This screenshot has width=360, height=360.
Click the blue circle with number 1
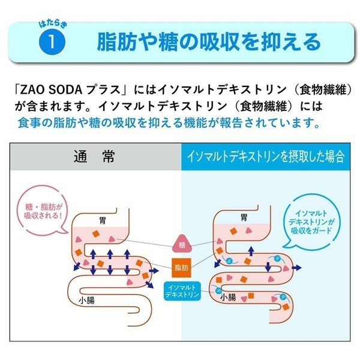coord(52,41)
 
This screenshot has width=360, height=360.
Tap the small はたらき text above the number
coord(53,25)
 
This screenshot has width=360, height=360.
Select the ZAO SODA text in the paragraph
coord(51,90)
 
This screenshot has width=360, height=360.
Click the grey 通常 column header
coord(95,157)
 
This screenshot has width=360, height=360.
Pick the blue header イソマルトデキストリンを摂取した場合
coord(266,157)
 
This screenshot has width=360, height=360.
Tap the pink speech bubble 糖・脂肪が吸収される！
coord(43,211)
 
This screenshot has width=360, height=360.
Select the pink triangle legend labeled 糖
coord(182,244)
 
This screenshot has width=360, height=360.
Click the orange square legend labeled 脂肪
coord(181,268)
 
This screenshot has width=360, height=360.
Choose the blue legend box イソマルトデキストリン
coord(182,291)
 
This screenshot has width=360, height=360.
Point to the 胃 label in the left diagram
coord(103,221)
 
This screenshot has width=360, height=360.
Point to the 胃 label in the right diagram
coord(244,217)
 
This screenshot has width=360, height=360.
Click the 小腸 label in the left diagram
coord(86,301)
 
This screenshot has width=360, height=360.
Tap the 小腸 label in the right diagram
coord(228,298)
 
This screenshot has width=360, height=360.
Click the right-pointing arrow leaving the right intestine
coord(296,268)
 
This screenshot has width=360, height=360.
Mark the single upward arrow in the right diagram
coord(251,251)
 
